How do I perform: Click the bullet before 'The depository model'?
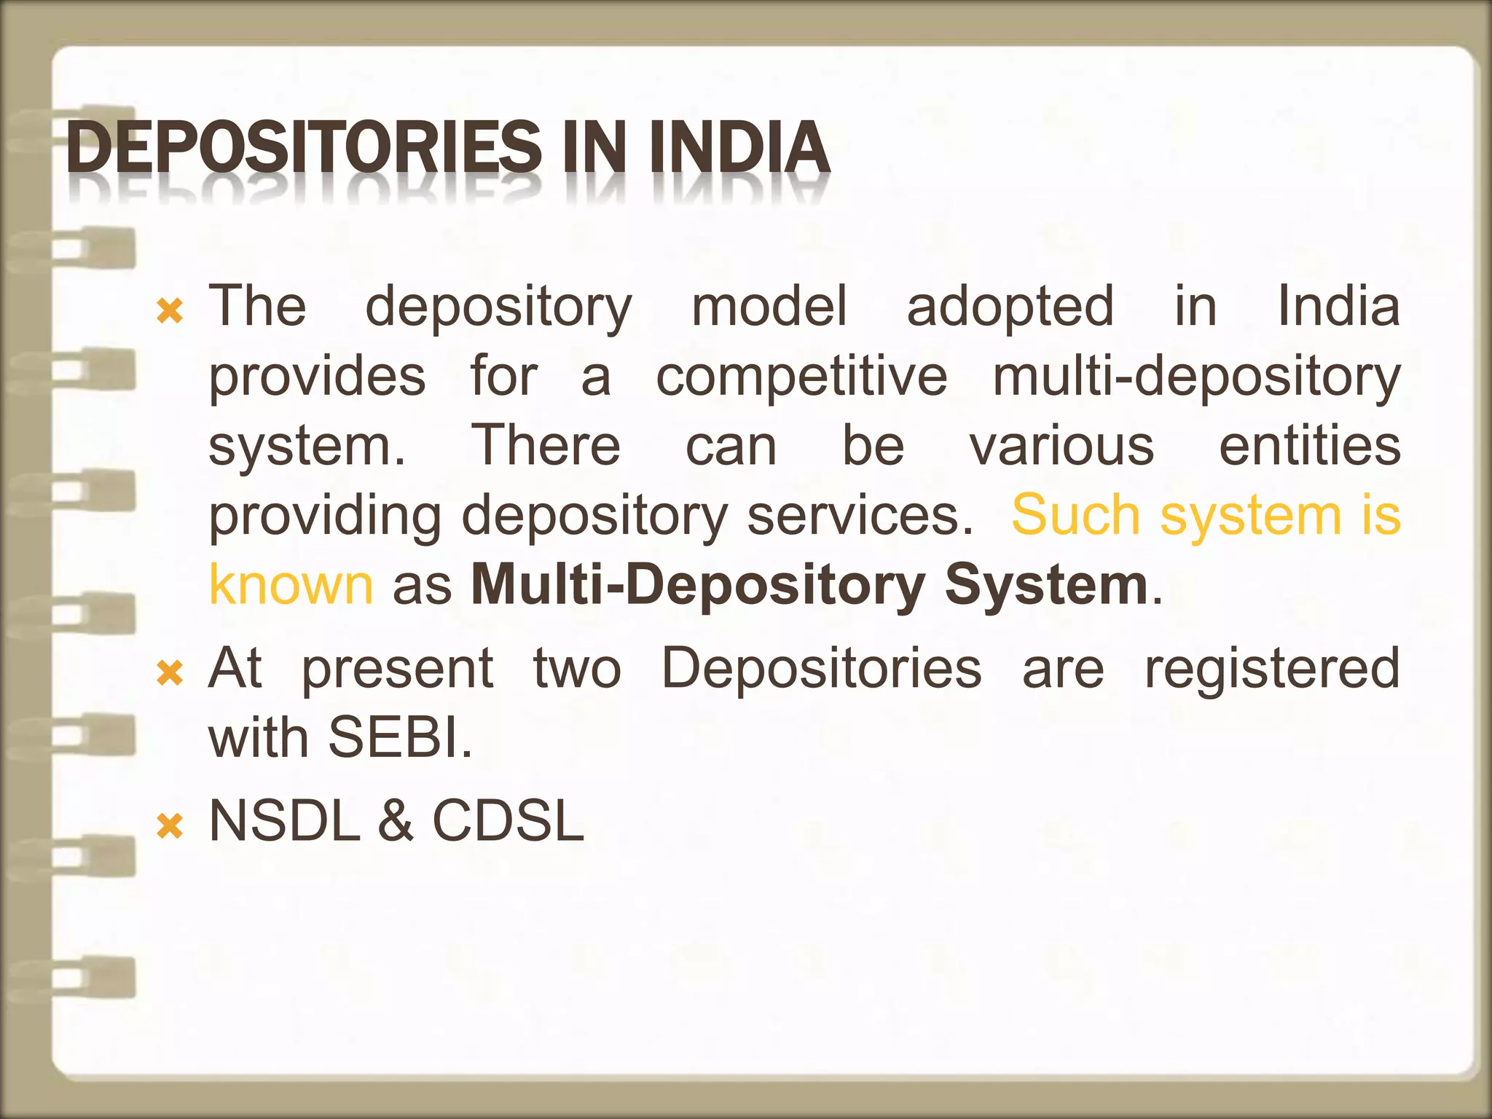(x=170, y=313)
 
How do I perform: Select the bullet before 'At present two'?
(x=170, y=674)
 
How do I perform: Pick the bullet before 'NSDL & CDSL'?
(x=170, y=827)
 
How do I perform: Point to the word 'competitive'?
(x=801, y=377)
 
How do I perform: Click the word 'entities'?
(x=1309, y=446)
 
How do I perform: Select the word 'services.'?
(x=860, y=516)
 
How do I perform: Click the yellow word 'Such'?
(x=1076, y=516)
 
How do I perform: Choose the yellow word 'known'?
(x=291, y=585)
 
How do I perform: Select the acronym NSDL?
(x=285, y=821)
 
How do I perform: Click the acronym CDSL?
(x=509, y=821)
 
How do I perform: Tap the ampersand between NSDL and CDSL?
(x=396, y=821)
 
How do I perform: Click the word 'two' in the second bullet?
(x=577, y=668)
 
